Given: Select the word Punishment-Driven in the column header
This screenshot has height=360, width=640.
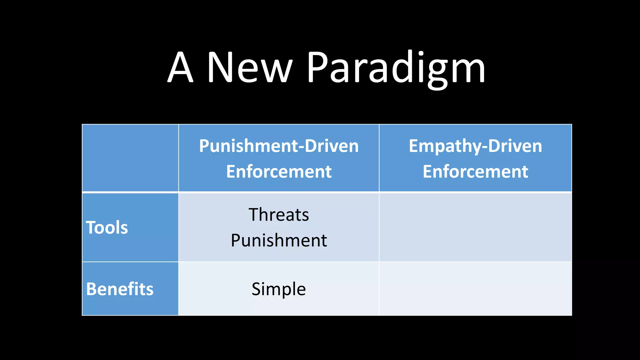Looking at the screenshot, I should pos(279,146).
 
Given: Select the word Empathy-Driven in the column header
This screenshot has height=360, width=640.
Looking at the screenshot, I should pos(475,146).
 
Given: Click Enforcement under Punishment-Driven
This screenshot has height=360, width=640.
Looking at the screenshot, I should pos(279,172).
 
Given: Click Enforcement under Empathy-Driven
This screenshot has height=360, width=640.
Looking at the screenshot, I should pos(475,172).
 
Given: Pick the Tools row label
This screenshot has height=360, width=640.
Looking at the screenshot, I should pos(107,227).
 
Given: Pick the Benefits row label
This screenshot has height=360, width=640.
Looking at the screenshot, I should pos(120,289).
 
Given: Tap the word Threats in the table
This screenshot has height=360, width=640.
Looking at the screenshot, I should pos(279,215).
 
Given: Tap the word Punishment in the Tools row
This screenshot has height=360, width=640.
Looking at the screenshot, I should pos(279,240).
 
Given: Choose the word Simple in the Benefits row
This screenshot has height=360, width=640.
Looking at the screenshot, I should pos(279,289).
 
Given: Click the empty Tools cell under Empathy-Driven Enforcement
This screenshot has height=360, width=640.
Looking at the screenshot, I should pos(475,227).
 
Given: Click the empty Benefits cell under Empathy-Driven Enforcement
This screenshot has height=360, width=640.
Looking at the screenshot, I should pos(475,289).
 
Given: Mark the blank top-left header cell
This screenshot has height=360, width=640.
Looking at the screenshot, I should pos(130,158).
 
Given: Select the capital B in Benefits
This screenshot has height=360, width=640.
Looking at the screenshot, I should pos(92,289).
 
